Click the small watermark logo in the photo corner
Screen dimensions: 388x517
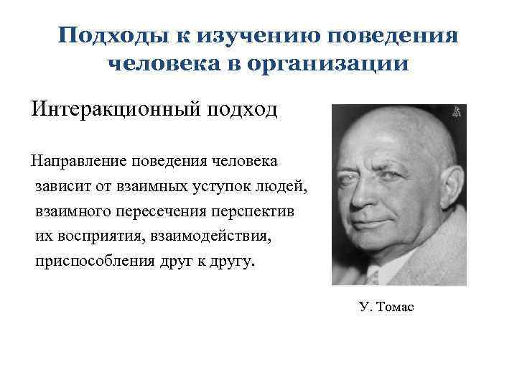pos(457,113)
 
